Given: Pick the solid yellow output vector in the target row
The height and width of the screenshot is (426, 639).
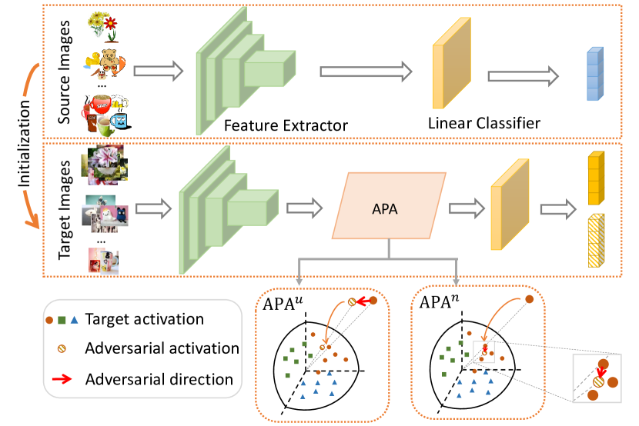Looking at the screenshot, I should tap(594, 179).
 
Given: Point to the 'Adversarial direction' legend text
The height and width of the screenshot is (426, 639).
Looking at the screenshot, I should tap(159, 378).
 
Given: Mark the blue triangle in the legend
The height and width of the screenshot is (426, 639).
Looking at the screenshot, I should tap(73, 319).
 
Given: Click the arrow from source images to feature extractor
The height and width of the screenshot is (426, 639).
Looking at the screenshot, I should tap(159, 72).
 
